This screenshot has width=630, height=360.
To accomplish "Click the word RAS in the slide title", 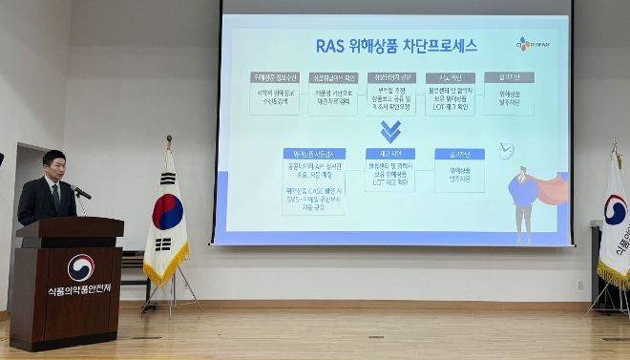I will click(333, 45).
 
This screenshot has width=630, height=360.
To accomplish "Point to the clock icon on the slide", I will click(506, 150).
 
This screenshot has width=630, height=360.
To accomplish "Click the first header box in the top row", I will click(274, 77).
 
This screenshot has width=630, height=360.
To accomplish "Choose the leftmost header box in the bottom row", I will click(313, 154).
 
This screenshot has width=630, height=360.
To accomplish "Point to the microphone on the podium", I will click(81, 193).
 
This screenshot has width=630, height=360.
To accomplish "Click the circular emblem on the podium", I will click(80, 267).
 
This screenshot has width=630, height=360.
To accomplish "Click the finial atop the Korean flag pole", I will click(169, 140).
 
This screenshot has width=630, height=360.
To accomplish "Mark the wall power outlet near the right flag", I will click(579, 285).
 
